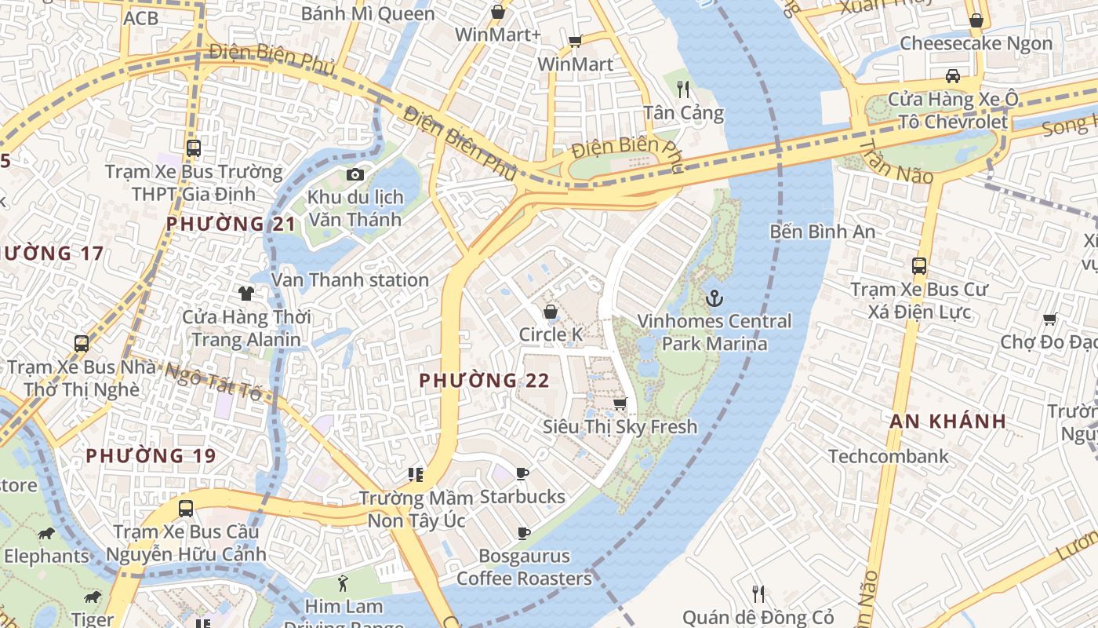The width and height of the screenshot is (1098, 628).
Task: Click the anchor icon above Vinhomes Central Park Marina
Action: coord(714,298)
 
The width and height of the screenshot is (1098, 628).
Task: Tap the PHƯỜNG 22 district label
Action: coord(484,381)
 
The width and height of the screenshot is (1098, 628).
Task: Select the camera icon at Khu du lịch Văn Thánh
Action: coord(355,174)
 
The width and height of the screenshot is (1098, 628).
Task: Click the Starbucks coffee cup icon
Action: coord(522,473)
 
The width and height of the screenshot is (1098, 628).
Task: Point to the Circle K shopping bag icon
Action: coord(551,312)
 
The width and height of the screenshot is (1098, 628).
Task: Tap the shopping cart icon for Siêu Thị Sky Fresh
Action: coord(620,403)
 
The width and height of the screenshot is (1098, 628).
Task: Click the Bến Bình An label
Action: coord(822,232)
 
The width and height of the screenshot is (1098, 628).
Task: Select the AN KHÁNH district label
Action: coord(947,421)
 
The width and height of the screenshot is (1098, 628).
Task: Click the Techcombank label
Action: coord(888,456)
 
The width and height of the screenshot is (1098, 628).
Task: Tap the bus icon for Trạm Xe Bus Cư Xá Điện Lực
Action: coord(919,266)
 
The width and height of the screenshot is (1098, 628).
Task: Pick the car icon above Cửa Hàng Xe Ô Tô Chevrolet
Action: coord(952,76)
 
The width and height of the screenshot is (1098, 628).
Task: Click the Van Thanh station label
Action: coord(350,280)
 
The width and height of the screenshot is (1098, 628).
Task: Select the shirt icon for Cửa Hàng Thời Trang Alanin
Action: coord(246,294)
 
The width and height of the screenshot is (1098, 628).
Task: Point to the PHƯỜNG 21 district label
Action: coord(231,225)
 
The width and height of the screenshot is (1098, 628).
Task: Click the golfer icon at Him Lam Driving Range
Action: coord(343,583)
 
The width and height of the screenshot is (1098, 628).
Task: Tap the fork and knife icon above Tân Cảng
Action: coord(682,89)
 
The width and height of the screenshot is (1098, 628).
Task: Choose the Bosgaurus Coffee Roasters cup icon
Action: coord(523,534)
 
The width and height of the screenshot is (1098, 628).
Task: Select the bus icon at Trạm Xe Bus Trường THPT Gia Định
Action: coord(193,148)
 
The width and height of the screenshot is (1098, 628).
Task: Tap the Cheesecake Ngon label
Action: coord(976,43)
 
